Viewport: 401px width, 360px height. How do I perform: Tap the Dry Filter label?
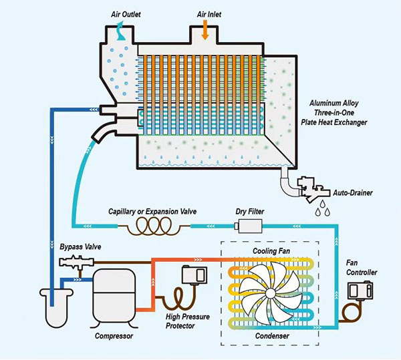[x=250, y=212]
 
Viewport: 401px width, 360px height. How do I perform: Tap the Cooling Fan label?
[x=271, y=250]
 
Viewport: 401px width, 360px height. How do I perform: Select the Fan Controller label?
[x=362, y=267]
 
